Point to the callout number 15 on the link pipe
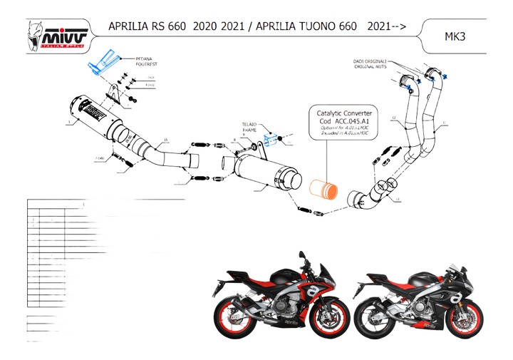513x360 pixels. point(165,139)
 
